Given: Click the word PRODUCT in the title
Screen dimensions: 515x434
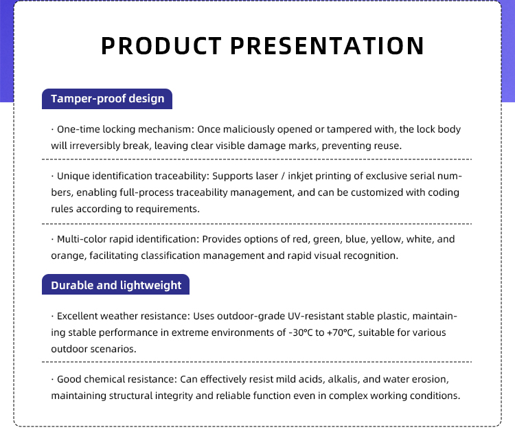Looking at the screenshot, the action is [x=161, y=46].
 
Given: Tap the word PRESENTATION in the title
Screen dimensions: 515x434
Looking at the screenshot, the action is [x=327, y=46].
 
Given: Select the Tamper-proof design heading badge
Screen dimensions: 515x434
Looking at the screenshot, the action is [x=107, y=99].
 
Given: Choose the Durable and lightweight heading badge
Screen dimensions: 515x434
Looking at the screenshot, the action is [x=115, y=284].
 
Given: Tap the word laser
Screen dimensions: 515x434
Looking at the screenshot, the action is [x=266, y=176].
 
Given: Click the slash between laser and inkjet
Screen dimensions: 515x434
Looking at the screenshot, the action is [x=283, y=176].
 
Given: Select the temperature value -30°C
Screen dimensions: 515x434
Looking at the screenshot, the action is [x=301, y=332].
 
